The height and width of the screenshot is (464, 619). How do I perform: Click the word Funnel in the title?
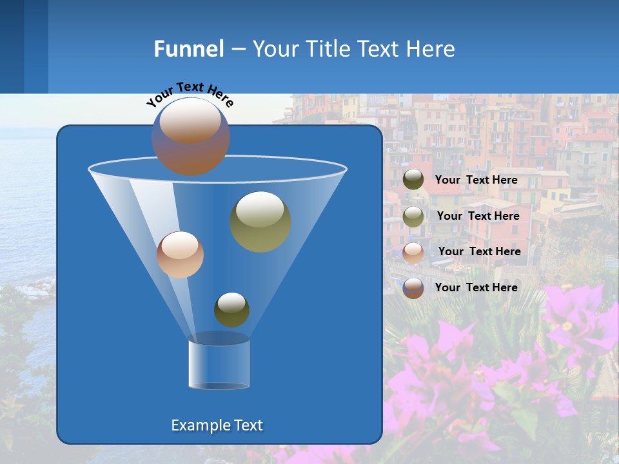[x=188, y=49]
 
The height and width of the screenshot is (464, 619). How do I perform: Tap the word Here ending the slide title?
[x=433, y=49]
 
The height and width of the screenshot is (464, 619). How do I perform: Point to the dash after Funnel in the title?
[x=237, y=50]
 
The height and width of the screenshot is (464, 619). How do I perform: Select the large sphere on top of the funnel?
[x=191, y=137]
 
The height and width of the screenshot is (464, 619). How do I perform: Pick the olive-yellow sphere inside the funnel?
[x=260, y=222]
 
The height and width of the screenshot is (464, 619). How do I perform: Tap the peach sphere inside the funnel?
[x=180, y=255]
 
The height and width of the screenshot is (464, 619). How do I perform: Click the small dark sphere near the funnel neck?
[x=231, y=309]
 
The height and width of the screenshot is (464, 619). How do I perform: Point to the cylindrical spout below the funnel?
[x=219, y=362]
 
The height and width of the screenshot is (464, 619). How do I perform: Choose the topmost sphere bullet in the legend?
[x=413, y=180]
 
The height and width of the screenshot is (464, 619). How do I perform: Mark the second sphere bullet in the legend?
[x=413, y=217]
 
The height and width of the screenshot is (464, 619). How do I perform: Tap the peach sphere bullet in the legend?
[x=413, y=252]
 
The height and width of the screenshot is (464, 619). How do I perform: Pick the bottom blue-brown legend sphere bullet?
[x=413, y=288]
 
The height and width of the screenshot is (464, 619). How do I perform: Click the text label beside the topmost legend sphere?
[x=476, y=180]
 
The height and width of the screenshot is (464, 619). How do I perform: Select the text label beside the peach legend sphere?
[x=479, y=251]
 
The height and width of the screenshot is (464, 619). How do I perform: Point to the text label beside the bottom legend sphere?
[x=476, y=287]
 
